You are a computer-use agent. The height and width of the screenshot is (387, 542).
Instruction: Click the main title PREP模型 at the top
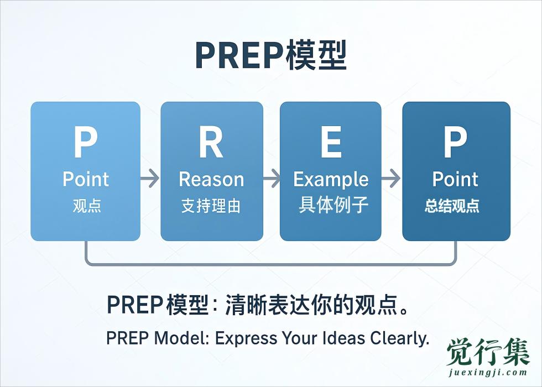[270, 55]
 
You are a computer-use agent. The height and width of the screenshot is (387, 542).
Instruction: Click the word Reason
[211, 180]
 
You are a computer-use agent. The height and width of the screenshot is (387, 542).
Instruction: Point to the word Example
[331, 180]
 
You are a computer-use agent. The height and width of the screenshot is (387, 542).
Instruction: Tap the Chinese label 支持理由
[211, 206]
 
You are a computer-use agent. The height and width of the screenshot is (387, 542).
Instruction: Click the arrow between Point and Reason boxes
[150, 179]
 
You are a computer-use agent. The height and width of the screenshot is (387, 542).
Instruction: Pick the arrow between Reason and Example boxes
[272, 179]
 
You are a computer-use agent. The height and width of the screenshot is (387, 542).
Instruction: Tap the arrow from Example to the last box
[391, 179]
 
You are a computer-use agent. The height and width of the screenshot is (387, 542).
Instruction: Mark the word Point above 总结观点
[455, 180]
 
